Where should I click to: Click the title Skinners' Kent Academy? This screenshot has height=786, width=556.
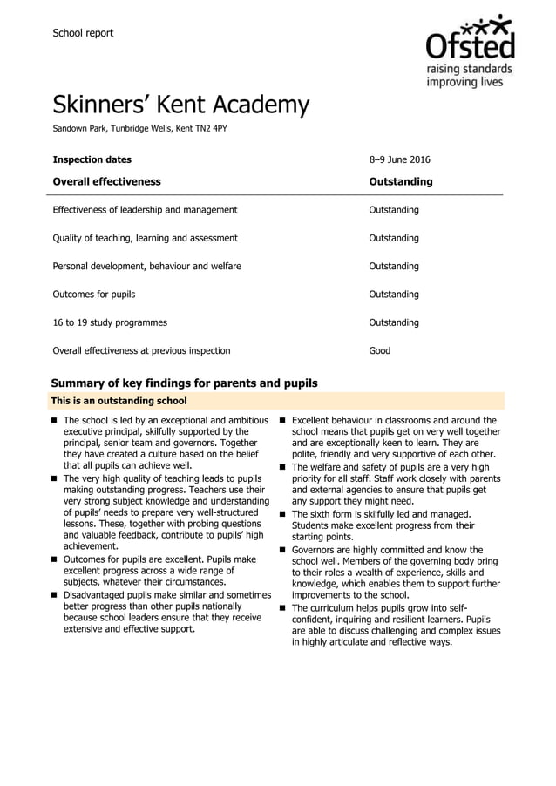(x=180, y=105)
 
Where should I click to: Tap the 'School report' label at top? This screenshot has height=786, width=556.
(x=83, y=33)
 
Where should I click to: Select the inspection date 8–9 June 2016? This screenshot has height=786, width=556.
(x=399, y=159)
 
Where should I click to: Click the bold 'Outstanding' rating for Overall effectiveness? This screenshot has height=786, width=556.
(x=401, y=182)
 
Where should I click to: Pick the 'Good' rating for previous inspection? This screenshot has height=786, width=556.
(x=380, y=350)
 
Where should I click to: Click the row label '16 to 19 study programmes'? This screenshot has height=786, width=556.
(x=110, y=322)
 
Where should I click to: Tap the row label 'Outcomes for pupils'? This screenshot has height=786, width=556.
(x=94, y=295)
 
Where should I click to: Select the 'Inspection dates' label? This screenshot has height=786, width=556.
(x=92, y=159)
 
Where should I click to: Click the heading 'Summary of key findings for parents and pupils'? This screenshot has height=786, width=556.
(x=184, y=383)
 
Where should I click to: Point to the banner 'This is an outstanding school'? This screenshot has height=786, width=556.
(x=119, y=402)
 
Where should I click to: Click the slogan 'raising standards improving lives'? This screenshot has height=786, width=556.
(x=469, y=76)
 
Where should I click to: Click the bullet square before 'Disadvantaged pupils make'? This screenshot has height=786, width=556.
(x=56, y=595)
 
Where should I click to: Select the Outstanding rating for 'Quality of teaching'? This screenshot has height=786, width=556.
(x=394, y=238)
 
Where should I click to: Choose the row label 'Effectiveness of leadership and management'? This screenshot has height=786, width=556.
(x=145, y=210)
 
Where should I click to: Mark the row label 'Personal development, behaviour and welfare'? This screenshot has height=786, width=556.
(x=147, y=266)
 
